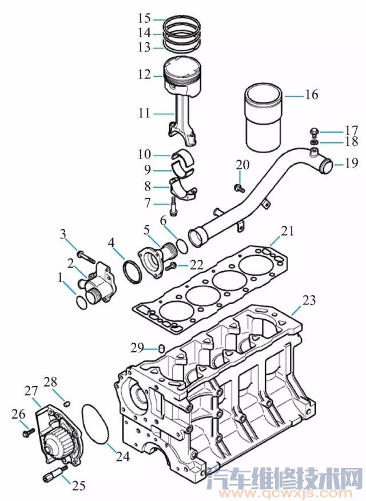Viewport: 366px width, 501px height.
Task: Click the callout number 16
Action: click(311, 94)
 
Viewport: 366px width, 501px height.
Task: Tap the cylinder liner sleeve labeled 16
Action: click(264, 117)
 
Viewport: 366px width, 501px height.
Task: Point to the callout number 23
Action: click(309, 300)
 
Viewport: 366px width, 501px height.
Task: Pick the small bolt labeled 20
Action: click(239, 186)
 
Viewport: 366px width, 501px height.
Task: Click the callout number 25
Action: click(78, 485)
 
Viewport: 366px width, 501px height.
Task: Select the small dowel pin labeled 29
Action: click(161, 348)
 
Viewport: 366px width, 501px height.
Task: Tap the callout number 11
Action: click(144, 114)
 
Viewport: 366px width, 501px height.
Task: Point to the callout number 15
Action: click(144, 19)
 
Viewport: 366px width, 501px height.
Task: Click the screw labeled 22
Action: click(170, 266)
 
